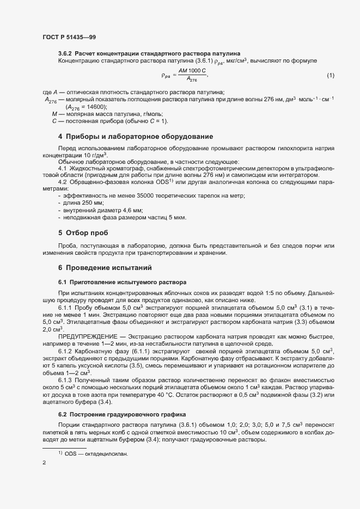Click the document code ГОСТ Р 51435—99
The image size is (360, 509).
69,37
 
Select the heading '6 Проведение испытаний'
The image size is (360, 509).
105,268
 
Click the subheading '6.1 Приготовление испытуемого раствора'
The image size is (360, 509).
122,282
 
